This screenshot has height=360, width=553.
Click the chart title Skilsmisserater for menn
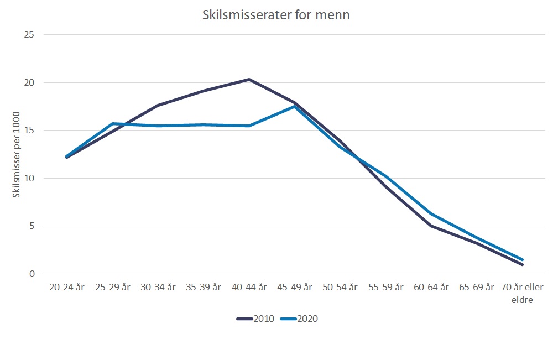click(275, 15)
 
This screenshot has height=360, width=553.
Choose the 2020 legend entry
click(299, 319)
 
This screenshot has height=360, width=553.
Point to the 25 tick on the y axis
click(30, 35)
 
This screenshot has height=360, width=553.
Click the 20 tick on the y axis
click(30, 83)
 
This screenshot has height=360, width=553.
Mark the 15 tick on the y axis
click(30, 131)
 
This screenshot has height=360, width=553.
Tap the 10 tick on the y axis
click(30, 178)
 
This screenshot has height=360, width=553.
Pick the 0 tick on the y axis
click(32, 274)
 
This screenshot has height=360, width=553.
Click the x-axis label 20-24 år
click(67, 287)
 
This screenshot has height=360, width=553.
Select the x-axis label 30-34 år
click(158, 287)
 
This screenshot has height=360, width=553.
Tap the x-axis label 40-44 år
click(249, 287)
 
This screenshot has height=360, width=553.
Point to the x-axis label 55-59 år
click(385, 287)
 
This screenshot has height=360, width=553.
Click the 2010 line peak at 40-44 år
click(249, 80)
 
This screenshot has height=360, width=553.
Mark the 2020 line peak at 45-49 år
click(295, 106)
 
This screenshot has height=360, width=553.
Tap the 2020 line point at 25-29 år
click(113, 123)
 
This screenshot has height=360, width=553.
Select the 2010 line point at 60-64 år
click(431, 226)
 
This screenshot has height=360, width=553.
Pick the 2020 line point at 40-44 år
click(249, 126)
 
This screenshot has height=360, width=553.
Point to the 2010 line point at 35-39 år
click(204, 91)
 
